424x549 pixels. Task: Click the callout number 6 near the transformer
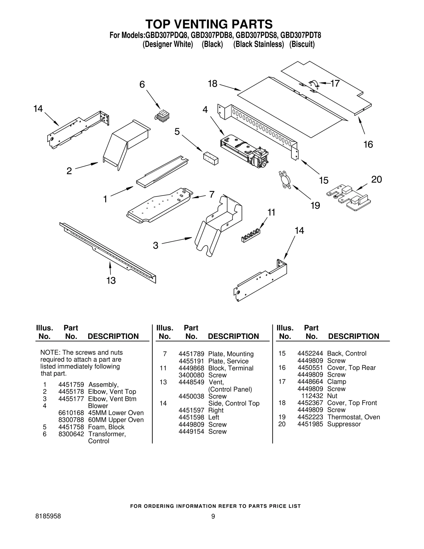[x=142, y=85]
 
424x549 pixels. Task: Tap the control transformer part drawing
[x=162, y=116]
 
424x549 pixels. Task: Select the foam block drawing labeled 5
[x=211, y=158]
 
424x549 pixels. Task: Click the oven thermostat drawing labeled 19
[x=284, y=181]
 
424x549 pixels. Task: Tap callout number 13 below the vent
[x=111, y=280]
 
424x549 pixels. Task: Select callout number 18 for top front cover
[x=213, y=84]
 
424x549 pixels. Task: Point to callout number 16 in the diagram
[x=368, y=144]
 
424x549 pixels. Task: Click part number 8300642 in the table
[x=71, y=434]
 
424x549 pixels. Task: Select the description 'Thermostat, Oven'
[x=354, y=417]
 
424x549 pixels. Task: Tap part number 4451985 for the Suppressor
[x=310, y=424]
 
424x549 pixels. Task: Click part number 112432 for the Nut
[x=312, y=396]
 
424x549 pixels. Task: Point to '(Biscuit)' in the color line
[x=302, y=44]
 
